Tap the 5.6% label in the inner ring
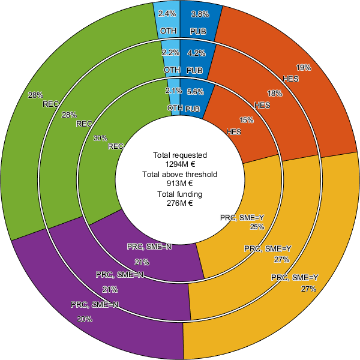pos(196,92)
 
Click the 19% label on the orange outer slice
pos(304,68)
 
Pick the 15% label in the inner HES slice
pos(247,120)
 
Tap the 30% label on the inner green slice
pos(101,138)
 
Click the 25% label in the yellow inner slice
pos(257,227)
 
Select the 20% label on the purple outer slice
pos(85,319)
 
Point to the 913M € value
pos(180,184)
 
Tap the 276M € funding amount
pos(180,203)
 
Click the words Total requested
pos(180,155)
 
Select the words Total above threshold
pos(180,175)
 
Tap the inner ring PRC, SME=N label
pos(150,247)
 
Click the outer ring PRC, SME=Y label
pos(294,277)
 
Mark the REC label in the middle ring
pos(85,124)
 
